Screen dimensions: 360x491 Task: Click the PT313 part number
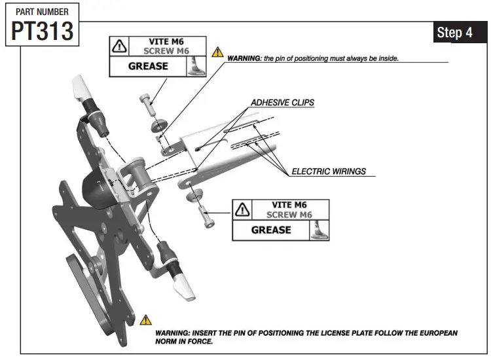point(42,31)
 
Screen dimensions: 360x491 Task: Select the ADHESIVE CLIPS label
point(283,103)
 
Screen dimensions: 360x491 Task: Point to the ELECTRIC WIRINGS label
point(329,171)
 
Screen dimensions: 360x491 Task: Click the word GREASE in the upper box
point(148,66)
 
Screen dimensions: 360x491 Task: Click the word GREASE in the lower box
point(271,230)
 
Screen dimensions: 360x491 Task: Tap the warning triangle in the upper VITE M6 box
point(119,46)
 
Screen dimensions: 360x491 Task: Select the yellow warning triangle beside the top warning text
point(217,52)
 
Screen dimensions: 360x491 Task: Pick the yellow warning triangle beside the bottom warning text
point(145,320)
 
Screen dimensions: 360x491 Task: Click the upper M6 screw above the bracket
point(145,102)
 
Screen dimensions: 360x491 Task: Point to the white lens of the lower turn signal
point(183,285)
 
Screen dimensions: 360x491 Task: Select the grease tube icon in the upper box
point(194,66)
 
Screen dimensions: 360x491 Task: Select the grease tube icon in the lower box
point(319,230)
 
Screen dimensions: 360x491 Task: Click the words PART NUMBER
point(42,12)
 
